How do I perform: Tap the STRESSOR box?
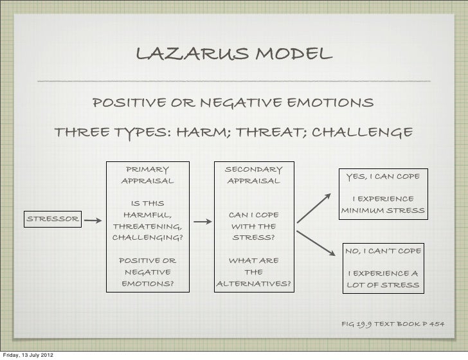point(52,219)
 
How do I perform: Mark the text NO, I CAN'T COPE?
point(382,249)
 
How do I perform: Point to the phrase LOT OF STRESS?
point(383,284)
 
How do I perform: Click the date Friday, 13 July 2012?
point(28,355)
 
